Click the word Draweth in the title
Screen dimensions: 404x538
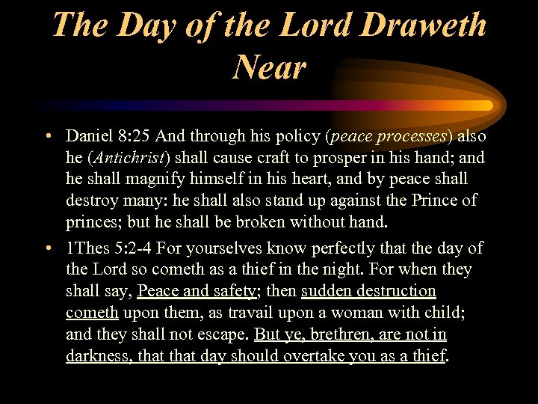pyautogui.click(x=424, y=25)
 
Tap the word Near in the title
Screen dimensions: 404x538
pyautogui.click(x=269, y=67)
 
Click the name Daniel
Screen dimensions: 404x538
pyautogui.click(x=89, y=136)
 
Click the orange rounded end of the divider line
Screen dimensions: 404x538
pyautogui.click(x=486, y=105)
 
